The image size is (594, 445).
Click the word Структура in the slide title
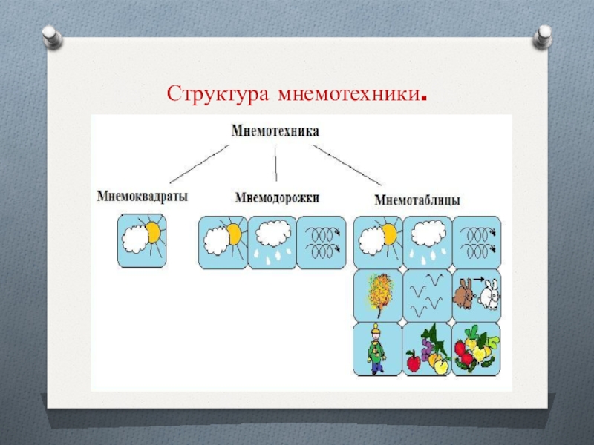(x=218, y=95)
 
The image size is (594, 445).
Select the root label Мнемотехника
(x=275, y=131)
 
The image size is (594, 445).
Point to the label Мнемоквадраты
(x=142, y=197)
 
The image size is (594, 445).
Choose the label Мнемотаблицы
(x=417, y=200)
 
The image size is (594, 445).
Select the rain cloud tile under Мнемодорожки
(x=271, y=242)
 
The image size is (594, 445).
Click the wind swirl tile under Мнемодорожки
(x=321, y=242)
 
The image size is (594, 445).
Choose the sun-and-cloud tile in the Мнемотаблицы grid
(x=378, y=241)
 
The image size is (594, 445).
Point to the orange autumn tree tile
(x=378, y=294)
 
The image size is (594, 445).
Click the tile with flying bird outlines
(x=427, y=294)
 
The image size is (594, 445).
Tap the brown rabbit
(x=466, y=294)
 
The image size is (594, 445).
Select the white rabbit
(x=489, y=296)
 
